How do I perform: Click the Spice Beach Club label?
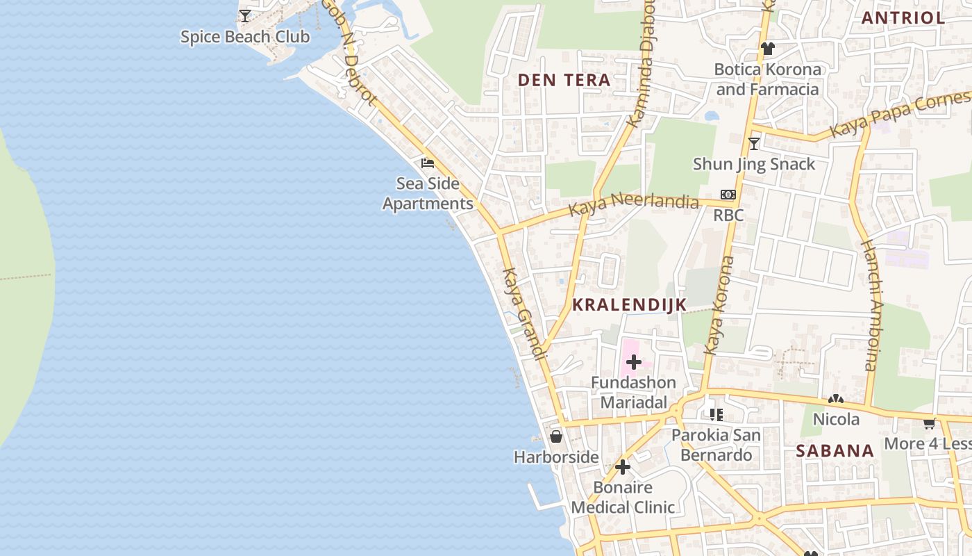point(244,37)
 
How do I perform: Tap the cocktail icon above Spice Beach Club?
point(245,15)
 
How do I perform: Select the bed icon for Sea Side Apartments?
point(428,163)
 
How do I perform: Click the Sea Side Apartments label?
point(428,194)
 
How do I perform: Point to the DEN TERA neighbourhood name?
point(564,80)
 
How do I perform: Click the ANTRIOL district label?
point(903,18)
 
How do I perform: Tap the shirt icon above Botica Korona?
point(767,49)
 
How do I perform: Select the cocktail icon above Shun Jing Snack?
point(754,144)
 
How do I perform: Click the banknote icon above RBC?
point(728,195)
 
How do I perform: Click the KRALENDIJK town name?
point(629,304)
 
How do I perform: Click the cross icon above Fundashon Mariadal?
point(633,361)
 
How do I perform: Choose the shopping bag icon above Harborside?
point(556,436)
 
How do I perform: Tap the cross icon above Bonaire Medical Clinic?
point(623,466)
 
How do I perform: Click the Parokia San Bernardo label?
point(716,445)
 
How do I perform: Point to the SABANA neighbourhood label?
point(835,450)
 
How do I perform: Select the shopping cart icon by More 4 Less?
point(930,423)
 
